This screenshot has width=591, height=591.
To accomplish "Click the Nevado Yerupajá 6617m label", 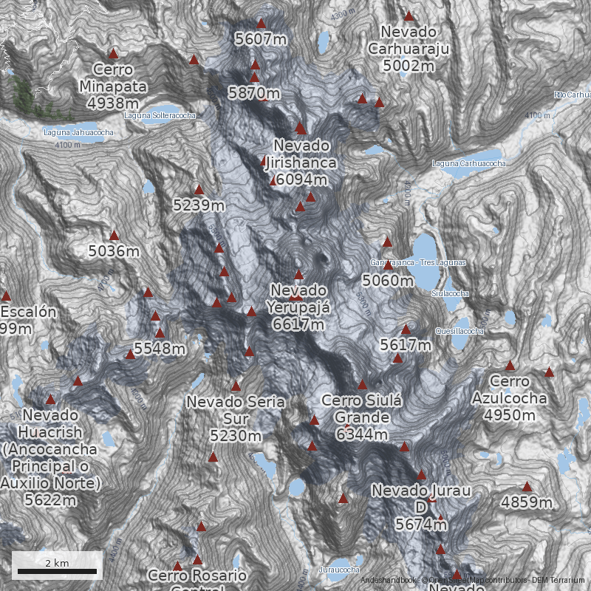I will (298, 307).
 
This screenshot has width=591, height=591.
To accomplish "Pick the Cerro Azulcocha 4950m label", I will (510, 398).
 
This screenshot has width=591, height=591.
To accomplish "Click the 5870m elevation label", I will (253, 93).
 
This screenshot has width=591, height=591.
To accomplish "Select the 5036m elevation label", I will (114, 251).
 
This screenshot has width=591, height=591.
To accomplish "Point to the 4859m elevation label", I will (527, 503).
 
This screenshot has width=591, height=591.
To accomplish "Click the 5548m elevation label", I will (160, 348).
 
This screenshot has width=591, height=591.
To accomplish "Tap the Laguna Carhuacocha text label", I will (468, 163).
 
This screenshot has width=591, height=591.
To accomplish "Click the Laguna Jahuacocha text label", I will (78, 133).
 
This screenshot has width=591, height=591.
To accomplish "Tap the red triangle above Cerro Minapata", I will (113, 53).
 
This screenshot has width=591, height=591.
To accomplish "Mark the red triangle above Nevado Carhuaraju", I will (409, 16).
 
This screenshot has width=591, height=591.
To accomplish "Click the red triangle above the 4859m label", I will (527, 487).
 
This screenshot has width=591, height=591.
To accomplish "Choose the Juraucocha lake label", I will (339, 570).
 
